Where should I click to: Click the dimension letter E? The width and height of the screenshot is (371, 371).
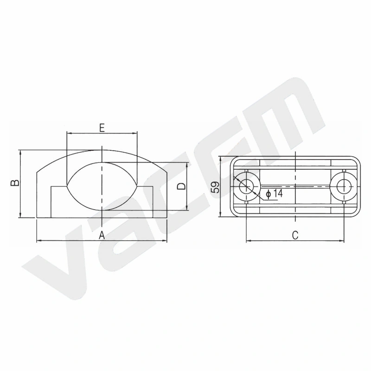(x=102, y=128)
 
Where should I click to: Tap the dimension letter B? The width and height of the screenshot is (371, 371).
(x=15, y=183)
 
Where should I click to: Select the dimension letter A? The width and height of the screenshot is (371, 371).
(x=102, y=236)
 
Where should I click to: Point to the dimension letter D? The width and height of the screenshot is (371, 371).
(x=182, y=186)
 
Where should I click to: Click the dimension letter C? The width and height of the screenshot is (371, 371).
(x=295, y=235)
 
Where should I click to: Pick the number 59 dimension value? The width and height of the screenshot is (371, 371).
(x=216, y=187)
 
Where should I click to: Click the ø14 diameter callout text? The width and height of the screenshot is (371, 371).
(x=274, y=193)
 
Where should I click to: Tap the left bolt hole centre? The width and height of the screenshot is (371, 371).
(x=246, y=186)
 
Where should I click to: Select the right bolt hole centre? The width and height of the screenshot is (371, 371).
(x=344, y=186)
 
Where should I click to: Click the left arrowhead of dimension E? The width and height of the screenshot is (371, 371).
(x=69, y=134)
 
